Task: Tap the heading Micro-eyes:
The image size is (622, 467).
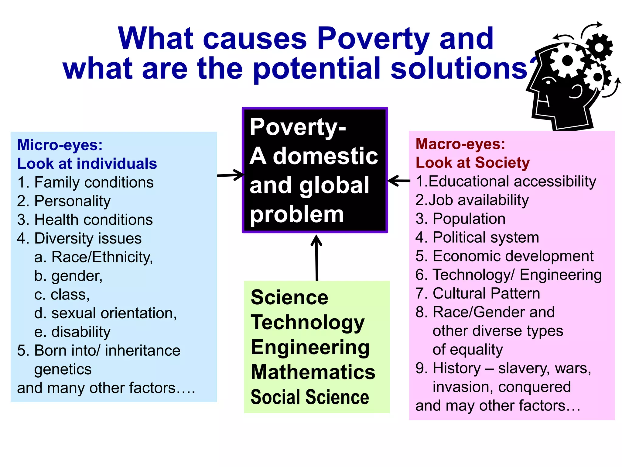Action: pos(60,145)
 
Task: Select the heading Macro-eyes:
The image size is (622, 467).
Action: pos(460,144)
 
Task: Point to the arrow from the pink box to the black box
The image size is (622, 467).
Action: pos(399,181)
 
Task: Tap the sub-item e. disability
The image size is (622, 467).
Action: pos(72,332)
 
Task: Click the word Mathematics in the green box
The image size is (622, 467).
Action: pos(313,372)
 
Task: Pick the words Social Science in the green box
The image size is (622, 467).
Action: pos(309,397)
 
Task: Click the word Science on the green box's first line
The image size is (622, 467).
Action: pos(289,297)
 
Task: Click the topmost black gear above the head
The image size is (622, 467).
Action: pos(599,47)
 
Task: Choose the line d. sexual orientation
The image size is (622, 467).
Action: pos(105,313)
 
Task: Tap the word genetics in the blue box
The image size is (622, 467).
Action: pos(63,369)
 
